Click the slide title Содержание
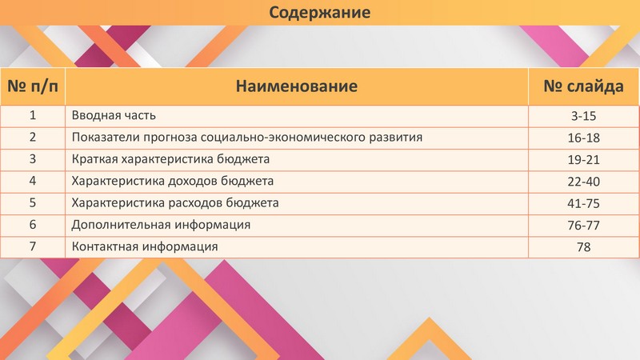pyautogui.click(x=319, y=12)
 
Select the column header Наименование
pyautogui.click(x=297, y=86)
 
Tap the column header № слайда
pyautogui.click(x=584, y=86)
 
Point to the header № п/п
pyautogui.click(x=33, y=86)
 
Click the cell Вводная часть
pyautogui.click(x=114, y=115)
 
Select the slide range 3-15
pyautogui.click(x=584, y=116)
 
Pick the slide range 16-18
pyautogui.click(x=584, y=138)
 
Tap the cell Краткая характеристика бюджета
pyautogui.click(x=170, y=159)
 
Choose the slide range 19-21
pyautogui.click(x=584, y=159)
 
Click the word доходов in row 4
pyautogui.click(x=194, y=181)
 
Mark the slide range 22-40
pyautogui.click(x=584, y=182)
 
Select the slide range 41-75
pyautogui.click(x=584, y=203)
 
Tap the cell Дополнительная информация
pyautogui.click(x=162, y=225)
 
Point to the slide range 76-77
pyautogui.click(x=584, y=225)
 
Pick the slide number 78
pyautogui.click(x=584, y=247)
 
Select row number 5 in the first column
pyautogui.click(x=33, y=203)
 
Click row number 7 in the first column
pyautogui.click(x=33, y=246)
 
